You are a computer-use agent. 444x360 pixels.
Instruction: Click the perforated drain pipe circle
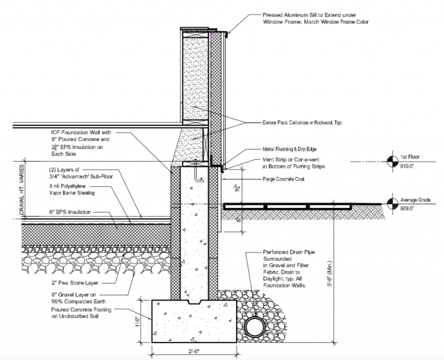(x=254, y=328)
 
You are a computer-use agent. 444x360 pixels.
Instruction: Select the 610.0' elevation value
(x=408, y=164)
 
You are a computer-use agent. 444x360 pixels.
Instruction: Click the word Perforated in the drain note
(x=275, y=253)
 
